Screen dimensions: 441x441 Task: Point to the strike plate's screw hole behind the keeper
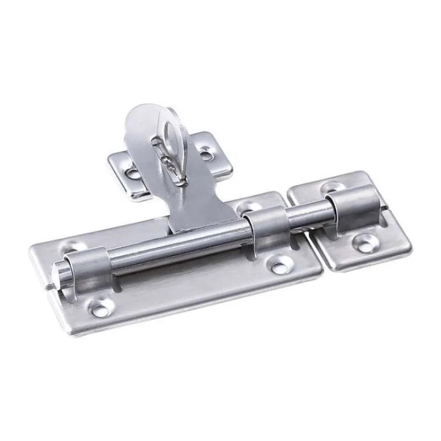(332, 187)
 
